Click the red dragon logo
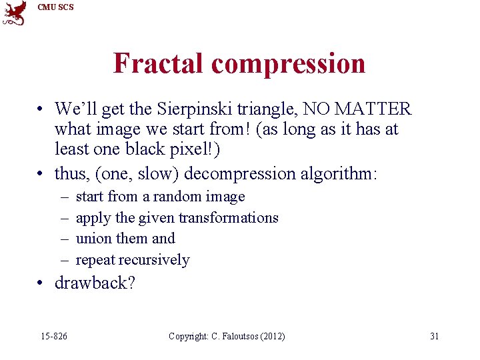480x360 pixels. [x=15, y=13]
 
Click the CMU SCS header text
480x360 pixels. [x=56, y=7]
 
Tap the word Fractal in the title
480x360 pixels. [x=159, y=63]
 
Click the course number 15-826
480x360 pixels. [x=53, y=336]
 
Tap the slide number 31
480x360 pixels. [x=434, y=336]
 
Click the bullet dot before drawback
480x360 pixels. [x=41, y=283]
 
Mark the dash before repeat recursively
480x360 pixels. [x=63, y=260]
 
